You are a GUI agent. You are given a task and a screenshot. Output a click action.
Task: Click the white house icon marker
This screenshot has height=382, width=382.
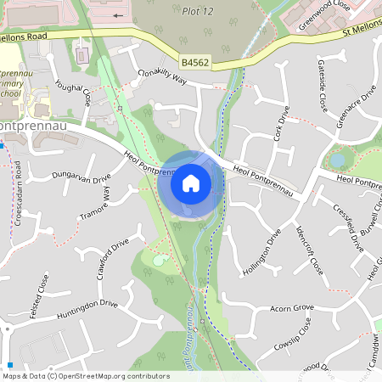191,183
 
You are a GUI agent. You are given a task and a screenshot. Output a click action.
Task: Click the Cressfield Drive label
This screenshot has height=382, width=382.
348,228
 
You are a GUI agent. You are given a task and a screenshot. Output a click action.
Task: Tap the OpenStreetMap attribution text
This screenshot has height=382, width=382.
86,375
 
